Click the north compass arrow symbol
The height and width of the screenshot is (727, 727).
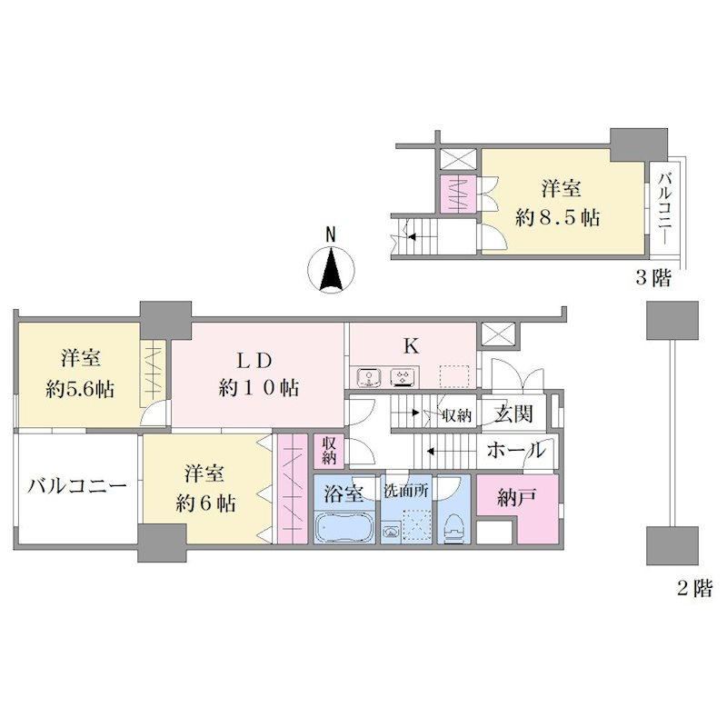pos(332,269)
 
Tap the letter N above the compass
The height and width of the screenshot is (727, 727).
pos(331,234)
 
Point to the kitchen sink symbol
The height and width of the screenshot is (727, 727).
pos(369,376)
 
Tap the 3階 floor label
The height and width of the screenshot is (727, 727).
pos(652,278)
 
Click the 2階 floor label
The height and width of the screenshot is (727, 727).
pos(694,588)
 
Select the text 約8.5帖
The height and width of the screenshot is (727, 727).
pos(558,217)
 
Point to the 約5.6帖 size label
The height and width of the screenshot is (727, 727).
pos(80,390)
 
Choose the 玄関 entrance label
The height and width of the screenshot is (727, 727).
pos(513,414)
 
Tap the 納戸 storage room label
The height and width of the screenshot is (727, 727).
pos(517,497)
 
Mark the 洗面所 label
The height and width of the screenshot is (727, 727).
pos(406,491)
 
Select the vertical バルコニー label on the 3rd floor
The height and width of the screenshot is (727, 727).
pos(665,208)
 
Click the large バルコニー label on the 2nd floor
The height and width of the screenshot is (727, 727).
pos(77,486)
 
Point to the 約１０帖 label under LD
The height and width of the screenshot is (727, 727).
pos(259,388)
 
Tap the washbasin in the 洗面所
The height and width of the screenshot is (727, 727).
pos(391,533)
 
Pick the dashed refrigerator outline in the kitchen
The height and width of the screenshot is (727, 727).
pos(456,376)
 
